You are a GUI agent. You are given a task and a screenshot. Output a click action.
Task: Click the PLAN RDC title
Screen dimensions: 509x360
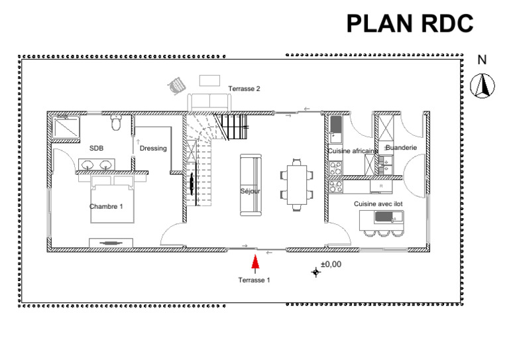click(x=410, y=23)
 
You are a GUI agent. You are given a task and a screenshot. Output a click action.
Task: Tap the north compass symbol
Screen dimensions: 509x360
click(x=482, y=86)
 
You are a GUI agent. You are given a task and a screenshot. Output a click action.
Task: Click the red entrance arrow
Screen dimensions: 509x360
click(x=255, y=262)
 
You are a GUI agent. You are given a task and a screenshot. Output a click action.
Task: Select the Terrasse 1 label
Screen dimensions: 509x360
click(x=254, y=280)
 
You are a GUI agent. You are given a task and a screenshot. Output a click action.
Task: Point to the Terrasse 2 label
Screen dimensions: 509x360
click(x=244, y=89)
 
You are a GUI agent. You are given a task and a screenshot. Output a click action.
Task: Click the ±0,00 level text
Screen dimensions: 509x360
click(x=331, y=265)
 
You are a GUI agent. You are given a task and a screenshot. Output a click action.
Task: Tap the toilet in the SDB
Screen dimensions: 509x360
click(x=116, y=123)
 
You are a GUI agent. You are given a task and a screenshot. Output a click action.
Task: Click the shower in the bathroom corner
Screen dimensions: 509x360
click(x=66, y=127)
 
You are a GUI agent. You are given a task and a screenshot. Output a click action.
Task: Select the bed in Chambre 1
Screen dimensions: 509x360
click(x=112, y=199)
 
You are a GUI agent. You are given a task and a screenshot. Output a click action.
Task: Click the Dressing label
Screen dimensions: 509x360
click(x=153, y=149)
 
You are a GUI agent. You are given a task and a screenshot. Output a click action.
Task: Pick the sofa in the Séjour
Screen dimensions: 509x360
click(x=251, y=185)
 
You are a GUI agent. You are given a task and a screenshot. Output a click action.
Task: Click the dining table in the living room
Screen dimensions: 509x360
click(x=297, y=185)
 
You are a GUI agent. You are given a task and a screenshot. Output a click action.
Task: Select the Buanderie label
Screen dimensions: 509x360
click(x=401, y=148)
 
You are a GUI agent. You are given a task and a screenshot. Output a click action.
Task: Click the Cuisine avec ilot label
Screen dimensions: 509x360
click(x=378, y=204)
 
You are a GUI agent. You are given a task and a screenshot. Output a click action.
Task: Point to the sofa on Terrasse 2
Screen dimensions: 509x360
click(x=209, y=103)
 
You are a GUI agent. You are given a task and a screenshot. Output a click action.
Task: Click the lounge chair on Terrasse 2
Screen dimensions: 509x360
click(x=176, y=86)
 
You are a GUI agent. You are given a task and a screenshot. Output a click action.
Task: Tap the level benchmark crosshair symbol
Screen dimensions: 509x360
click(x=316, y=272)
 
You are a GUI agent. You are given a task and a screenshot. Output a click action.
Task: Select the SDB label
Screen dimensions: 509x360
click(x=96, y=149)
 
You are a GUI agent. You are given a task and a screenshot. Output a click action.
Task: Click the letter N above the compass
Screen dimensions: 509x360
click(x=482, y=60)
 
